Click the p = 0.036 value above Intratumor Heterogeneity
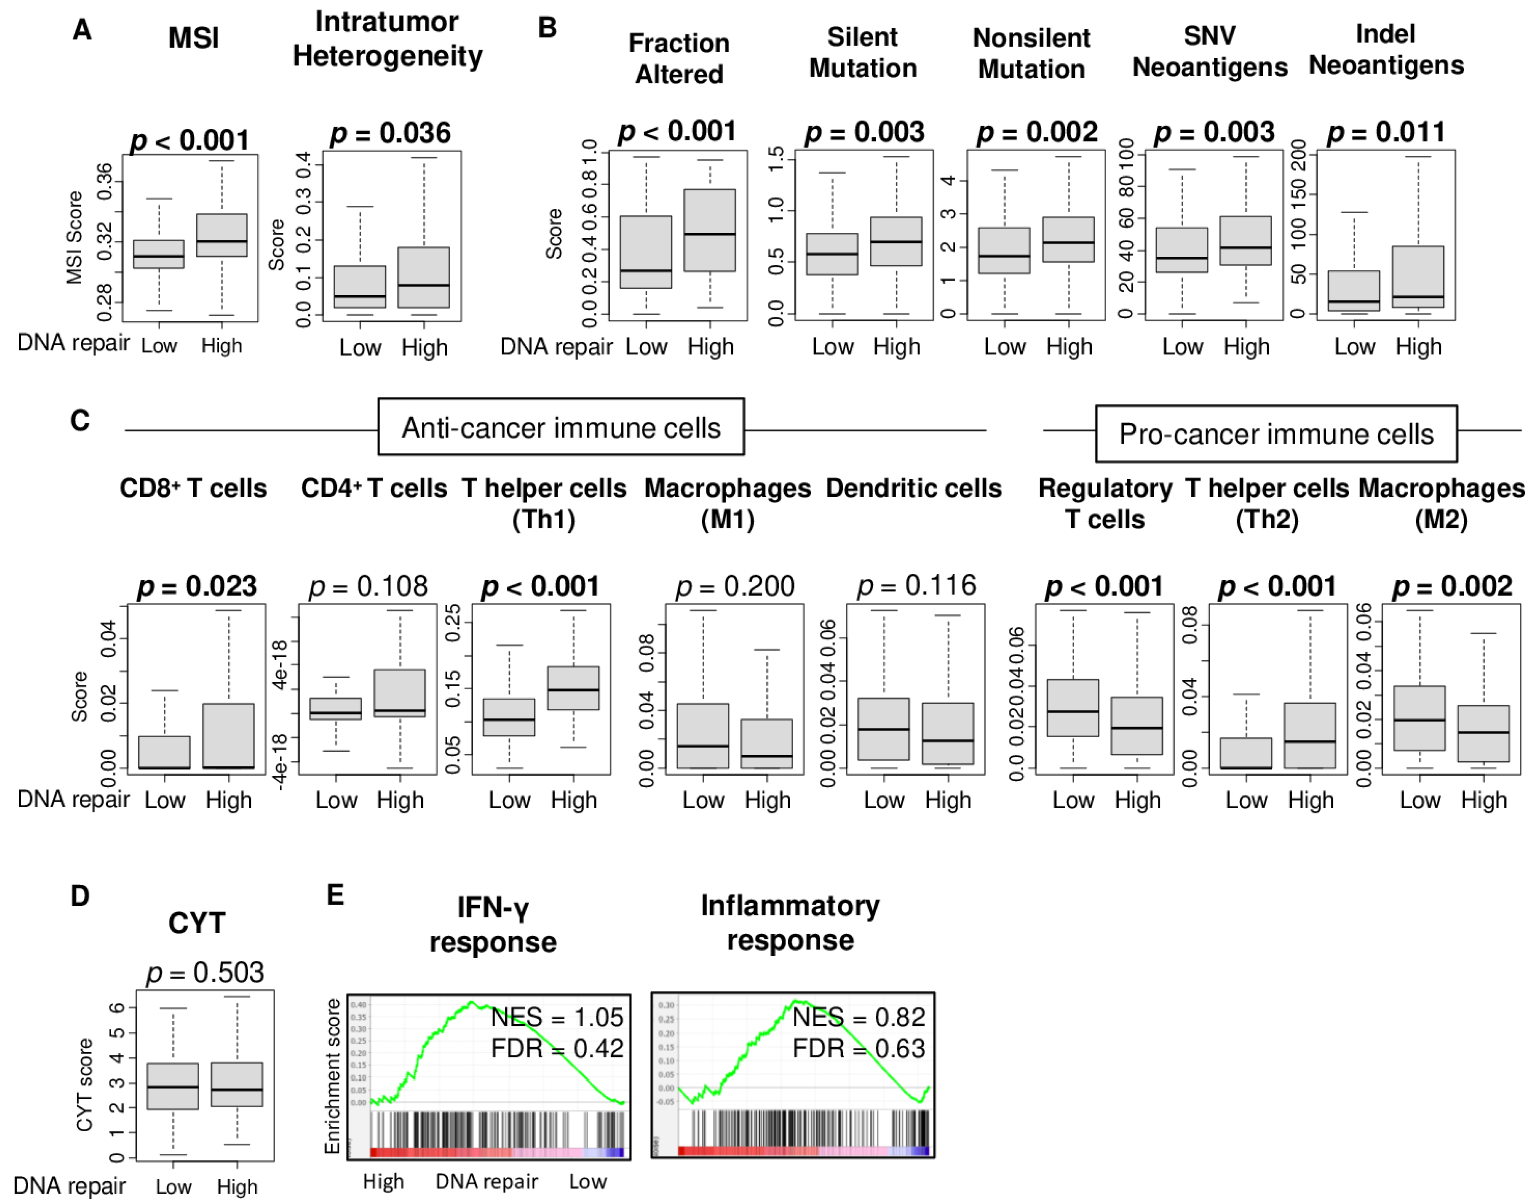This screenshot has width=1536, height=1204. (390, 133)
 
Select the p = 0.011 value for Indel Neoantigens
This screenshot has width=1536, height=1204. (1386, 132)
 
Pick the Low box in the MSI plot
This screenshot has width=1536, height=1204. (159, 254)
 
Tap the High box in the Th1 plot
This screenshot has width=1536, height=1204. (573, 687)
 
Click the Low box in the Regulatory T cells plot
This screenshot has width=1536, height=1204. (1073, 708)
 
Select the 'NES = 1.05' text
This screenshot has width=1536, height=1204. (557, 1017)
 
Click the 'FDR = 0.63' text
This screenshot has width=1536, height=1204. (858, 1048)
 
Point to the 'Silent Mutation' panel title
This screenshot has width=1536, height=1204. (863, 53)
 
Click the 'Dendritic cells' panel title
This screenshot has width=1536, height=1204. (913, 488)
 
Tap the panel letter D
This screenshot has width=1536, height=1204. (80, 896)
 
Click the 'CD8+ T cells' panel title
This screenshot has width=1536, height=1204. (193, 488)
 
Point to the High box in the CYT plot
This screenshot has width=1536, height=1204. (237, 1084)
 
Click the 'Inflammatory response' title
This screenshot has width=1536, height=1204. (790, 923)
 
